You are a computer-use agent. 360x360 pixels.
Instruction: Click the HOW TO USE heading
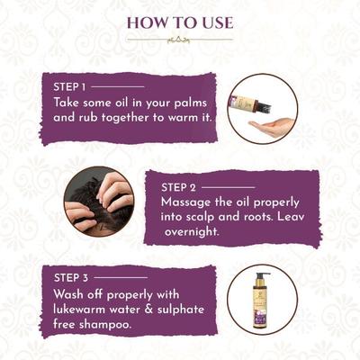(180, 21)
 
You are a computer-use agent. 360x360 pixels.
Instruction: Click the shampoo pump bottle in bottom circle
(263, 303)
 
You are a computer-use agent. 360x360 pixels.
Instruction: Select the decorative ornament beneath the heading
(179, 40)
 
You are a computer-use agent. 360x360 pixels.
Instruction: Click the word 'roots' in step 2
(256, 219)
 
